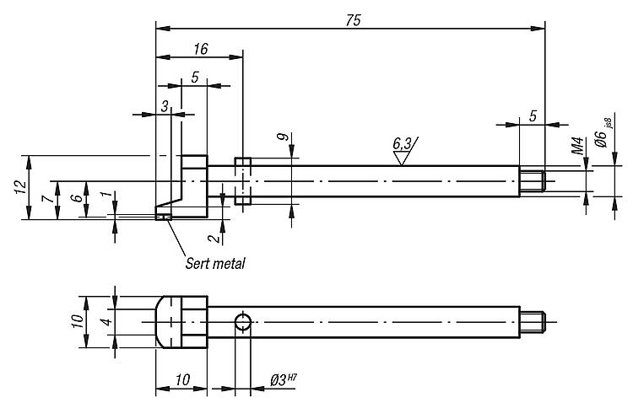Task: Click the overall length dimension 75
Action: pos(354,20)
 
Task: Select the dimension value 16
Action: pos(201,49)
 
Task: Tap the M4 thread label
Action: pos(577,146)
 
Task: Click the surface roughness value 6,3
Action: pos(402,143)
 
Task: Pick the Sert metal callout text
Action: pos(215,264)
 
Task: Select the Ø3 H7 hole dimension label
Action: pos(284,380)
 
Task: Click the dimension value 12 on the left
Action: pos(20,186)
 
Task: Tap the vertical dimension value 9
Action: pos(284,137)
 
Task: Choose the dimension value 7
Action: pos(47,198)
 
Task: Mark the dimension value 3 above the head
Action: pos(165,107)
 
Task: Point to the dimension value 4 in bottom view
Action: pos(107,322)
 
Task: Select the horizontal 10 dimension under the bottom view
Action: pos(183,380)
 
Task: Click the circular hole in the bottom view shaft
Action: pos(242,322)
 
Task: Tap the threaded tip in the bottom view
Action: pos(533,322)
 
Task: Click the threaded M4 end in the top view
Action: pos(533,181)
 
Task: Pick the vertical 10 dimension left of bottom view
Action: pos(78,321)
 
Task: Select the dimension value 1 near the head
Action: pos(105,195)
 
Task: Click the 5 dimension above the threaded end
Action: pos(533,116)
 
